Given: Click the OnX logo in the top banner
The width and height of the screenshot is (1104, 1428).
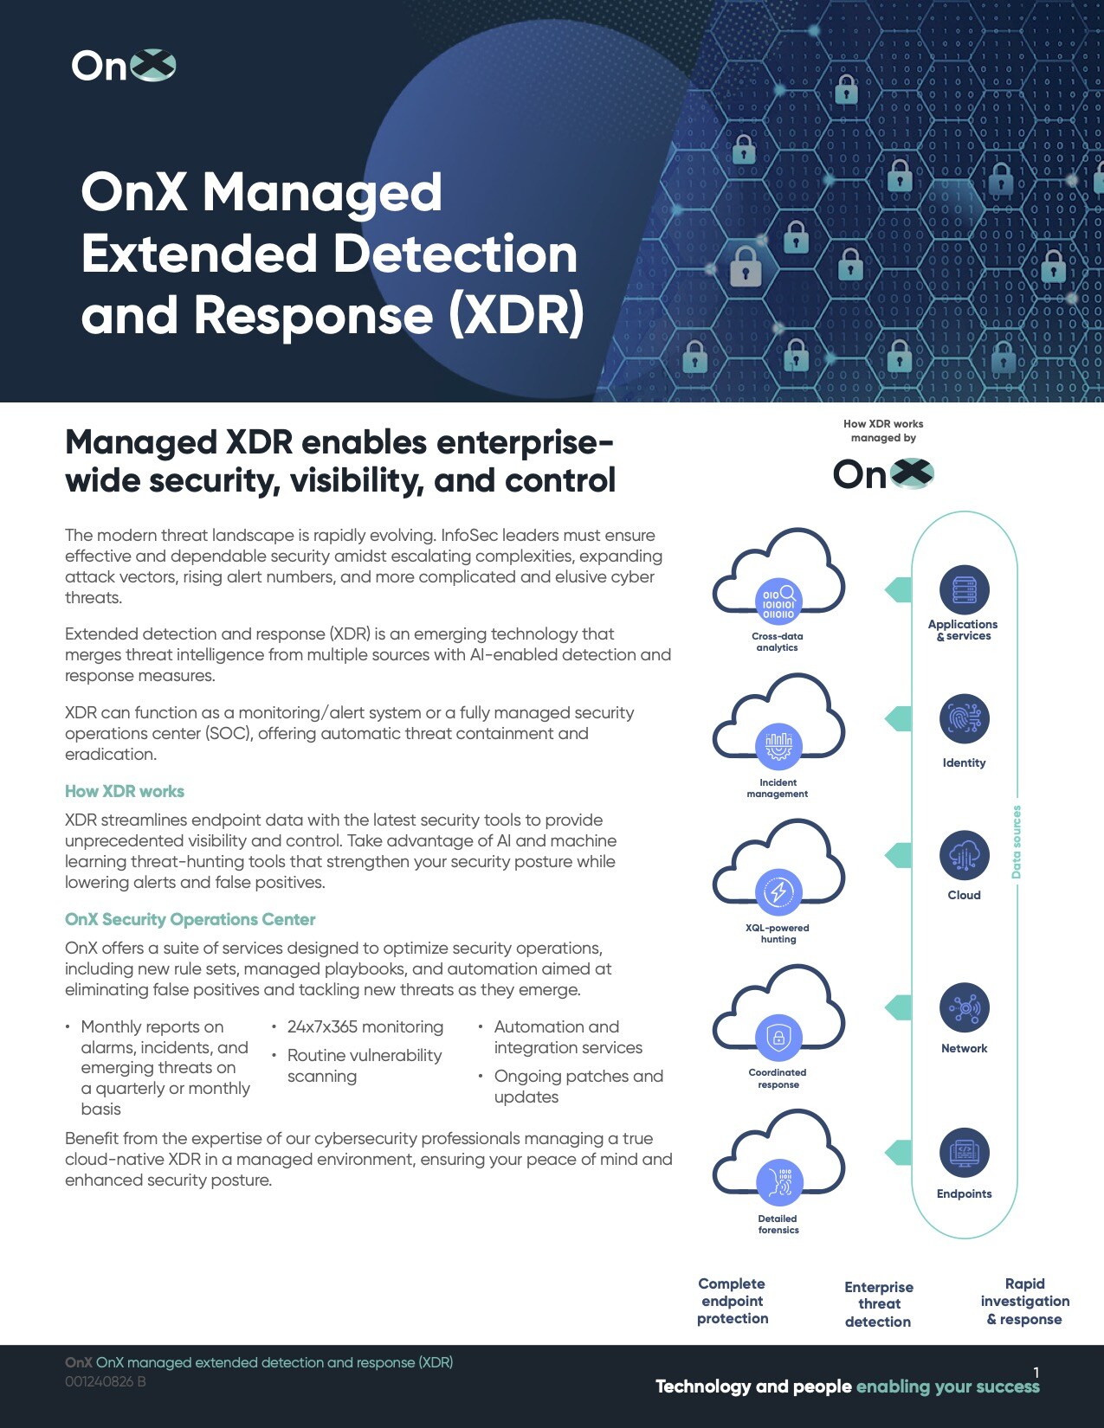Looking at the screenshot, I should (x=123, y=66).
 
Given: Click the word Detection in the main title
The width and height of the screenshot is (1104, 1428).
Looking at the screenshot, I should (x=455, y=254).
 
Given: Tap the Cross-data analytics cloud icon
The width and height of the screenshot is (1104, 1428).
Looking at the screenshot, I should (x=778, y=600).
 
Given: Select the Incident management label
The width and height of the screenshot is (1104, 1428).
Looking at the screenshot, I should (x=778, y=788).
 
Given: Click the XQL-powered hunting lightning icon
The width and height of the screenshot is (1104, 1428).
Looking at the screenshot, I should (x=778, y=891).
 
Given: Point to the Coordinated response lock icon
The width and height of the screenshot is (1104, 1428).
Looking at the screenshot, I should (x=778, y=1037).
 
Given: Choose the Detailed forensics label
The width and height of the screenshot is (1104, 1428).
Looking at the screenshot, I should (x=778, y=1224).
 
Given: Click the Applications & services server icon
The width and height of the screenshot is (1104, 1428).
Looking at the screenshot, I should (x=964, y=590).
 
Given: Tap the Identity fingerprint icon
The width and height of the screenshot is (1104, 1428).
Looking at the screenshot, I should (x=964, y=718).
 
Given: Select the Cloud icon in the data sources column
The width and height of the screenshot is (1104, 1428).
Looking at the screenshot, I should (x=964, y=855).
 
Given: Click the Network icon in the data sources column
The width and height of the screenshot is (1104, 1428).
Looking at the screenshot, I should (x=964, y=1007).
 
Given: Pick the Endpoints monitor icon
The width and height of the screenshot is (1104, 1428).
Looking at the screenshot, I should (x=964, y=1153).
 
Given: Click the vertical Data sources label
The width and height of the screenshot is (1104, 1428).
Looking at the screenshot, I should (x=1017, y=841).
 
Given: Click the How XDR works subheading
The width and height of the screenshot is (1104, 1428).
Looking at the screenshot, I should (x=125, y=791).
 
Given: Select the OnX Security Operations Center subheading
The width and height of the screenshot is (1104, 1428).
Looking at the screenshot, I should (x=190, y=919).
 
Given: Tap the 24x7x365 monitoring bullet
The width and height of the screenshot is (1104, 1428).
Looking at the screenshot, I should (x=365, y=1026).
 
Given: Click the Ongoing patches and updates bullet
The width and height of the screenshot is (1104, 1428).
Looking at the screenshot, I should (x=578, y=1086).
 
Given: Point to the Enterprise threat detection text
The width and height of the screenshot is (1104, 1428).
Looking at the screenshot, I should (x=878, y=1304).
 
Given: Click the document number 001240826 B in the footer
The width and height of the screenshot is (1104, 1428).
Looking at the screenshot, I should (x=105, y=1381).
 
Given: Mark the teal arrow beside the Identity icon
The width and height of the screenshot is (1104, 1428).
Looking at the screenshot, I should (x=898, y=718).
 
